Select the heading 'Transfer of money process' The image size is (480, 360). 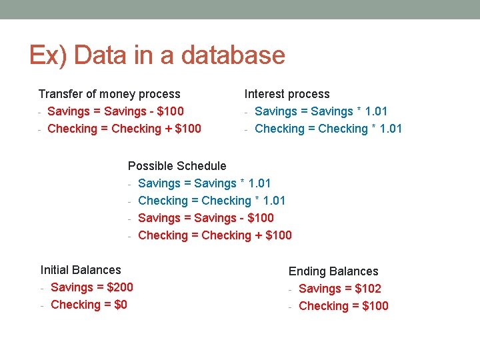tap(109, 94)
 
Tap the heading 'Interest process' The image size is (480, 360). tap(287, 94)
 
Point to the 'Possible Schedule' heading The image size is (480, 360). tap(177, 166)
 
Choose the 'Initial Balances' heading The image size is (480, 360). tap(81, 270)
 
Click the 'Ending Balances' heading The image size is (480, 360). tap(333, 271)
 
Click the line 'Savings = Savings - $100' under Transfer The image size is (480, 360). tap(115, 111)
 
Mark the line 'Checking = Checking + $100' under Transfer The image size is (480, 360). tap(124, 129)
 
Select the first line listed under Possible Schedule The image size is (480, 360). tap(204, 183)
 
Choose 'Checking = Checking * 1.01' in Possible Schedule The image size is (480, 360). tap(211, 201)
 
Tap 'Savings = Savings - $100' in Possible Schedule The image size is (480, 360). tap(205, 218)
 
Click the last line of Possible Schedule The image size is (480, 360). tap(215, 235)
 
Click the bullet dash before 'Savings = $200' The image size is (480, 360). tap(42, 288)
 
